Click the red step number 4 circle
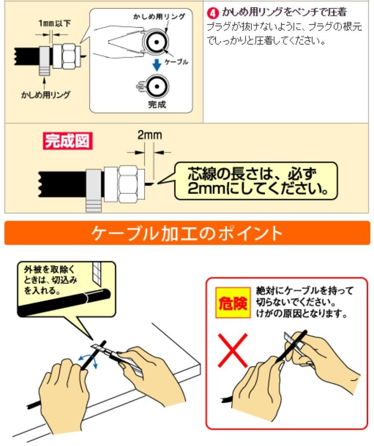[x=212, y=13]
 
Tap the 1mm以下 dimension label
[x=55, y=23]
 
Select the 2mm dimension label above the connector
[x=150, y=135]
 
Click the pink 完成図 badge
[x=68, y=141]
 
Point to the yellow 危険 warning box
[x=233, y=303]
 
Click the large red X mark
[x=232, y=350]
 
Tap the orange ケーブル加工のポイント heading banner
[x=187, y=233]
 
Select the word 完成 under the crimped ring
[x=157, y=104]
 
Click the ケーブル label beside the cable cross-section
[x=177, y=61]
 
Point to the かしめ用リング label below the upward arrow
[x=46, y=95]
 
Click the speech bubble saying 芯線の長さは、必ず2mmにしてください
[x=255, y=181]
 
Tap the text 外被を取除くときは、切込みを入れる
[x=50, y=280]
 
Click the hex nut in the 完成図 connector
[x=128, y=184]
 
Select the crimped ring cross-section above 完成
[x=154, y=86]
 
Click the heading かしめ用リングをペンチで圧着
[x=284, y=12]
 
